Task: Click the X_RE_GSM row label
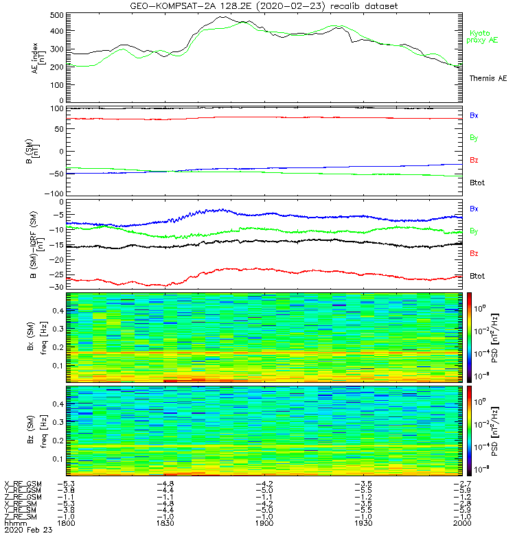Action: click(x=23, y=484)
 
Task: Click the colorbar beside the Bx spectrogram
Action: click(x=470, y=336)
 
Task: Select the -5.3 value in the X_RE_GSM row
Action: click(x=67, y=484)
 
